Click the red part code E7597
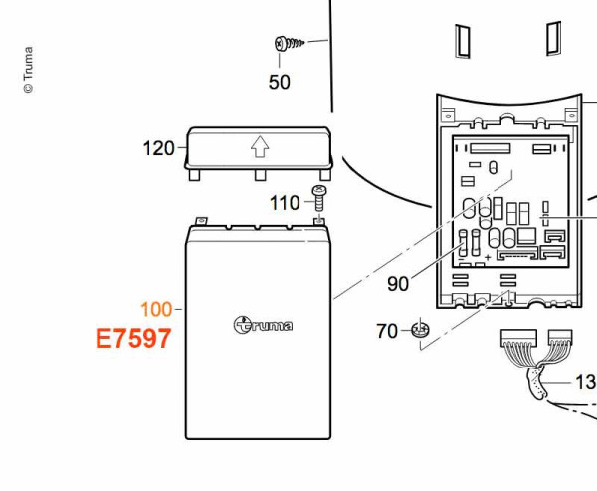click(133, 339)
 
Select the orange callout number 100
click(156, 309)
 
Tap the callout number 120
click(158, 148)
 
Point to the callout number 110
click(285, 203)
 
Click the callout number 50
click(279, 82)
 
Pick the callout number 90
click(398, 284)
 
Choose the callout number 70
click(387, 331)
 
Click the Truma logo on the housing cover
click(263, 325)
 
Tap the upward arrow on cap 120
click(260, 146)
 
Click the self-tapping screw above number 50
click(290, 43)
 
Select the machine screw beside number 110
click(319, 198)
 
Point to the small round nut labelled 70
click(420, 330)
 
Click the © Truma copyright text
click(28, 70)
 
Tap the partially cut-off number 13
click(586, 382)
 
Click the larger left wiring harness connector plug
click(518, 338)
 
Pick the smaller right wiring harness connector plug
click(560, 337)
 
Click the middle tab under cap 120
click(260, 175)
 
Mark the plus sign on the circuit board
click(488, 257)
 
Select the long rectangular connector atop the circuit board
click(490, 148)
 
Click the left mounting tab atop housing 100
click(201, 221)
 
